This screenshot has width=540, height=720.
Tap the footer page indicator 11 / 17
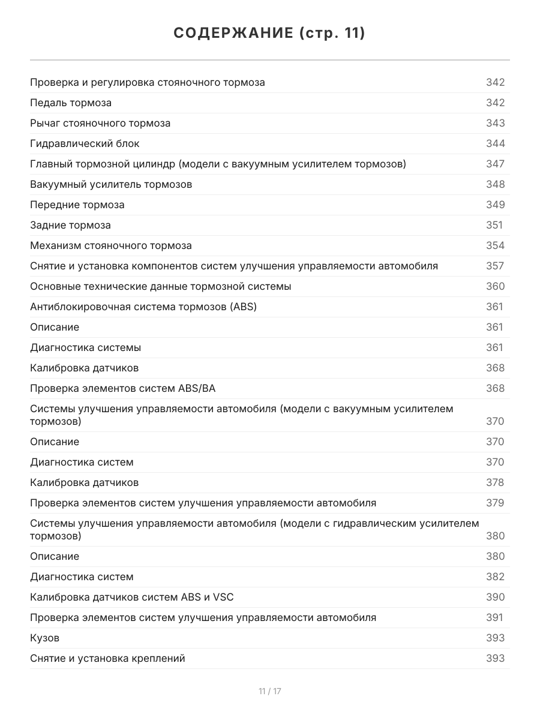(x=270, y=691)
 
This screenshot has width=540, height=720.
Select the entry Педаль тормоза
(x=71, y=103)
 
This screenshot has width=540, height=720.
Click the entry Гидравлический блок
(x=85, y=143)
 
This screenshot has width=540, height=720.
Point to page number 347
(x=495, y=164)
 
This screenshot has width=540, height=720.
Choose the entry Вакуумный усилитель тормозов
(x=111, y=184)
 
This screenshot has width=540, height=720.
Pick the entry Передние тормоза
(x=77, y=205)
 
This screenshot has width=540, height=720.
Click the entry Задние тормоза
(x=70, y=225)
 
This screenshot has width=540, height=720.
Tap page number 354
(x=495, y=245)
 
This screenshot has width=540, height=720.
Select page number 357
(x=495, y=266)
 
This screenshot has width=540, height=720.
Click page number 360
(x=495, y=286)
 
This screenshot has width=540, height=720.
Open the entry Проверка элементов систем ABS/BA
(x=122, y=388)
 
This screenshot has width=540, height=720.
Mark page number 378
(x=495, y=482)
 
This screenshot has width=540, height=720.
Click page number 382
(x=495, y=577)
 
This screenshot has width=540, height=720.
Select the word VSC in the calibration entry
(x=223, y=597)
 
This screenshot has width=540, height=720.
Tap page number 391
(x=494, y=617)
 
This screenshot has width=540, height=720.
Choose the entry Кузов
(x=44, y=638)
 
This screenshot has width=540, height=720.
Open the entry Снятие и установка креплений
(x=107, y=658)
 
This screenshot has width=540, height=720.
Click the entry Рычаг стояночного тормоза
(x=100, y=123)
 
